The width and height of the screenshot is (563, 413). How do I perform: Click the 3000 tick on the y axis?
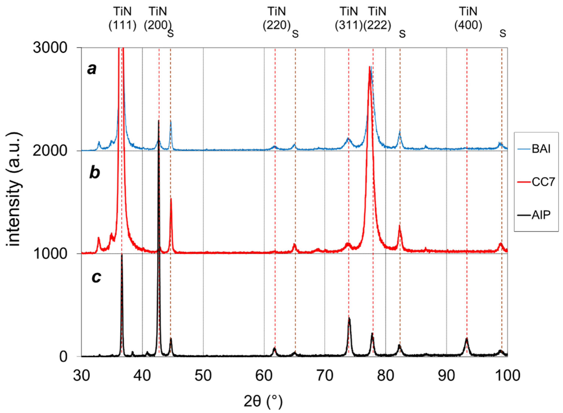[x=50, y=47]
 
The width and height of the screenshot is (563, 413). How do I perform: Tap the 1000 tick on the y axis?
[x=50, y=254]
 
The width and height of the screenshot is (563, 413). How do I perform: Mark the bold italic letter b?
[x=95, y=173]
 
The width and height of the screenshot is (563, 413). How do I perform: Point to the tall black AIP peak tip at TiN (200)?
[x=159, y=121]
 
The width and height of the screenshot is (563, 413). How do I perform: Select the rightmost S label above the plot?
[x=503, y=33]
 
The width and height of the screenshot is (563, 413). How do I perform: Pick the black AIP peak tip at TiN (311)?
[x=349, y=318]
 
